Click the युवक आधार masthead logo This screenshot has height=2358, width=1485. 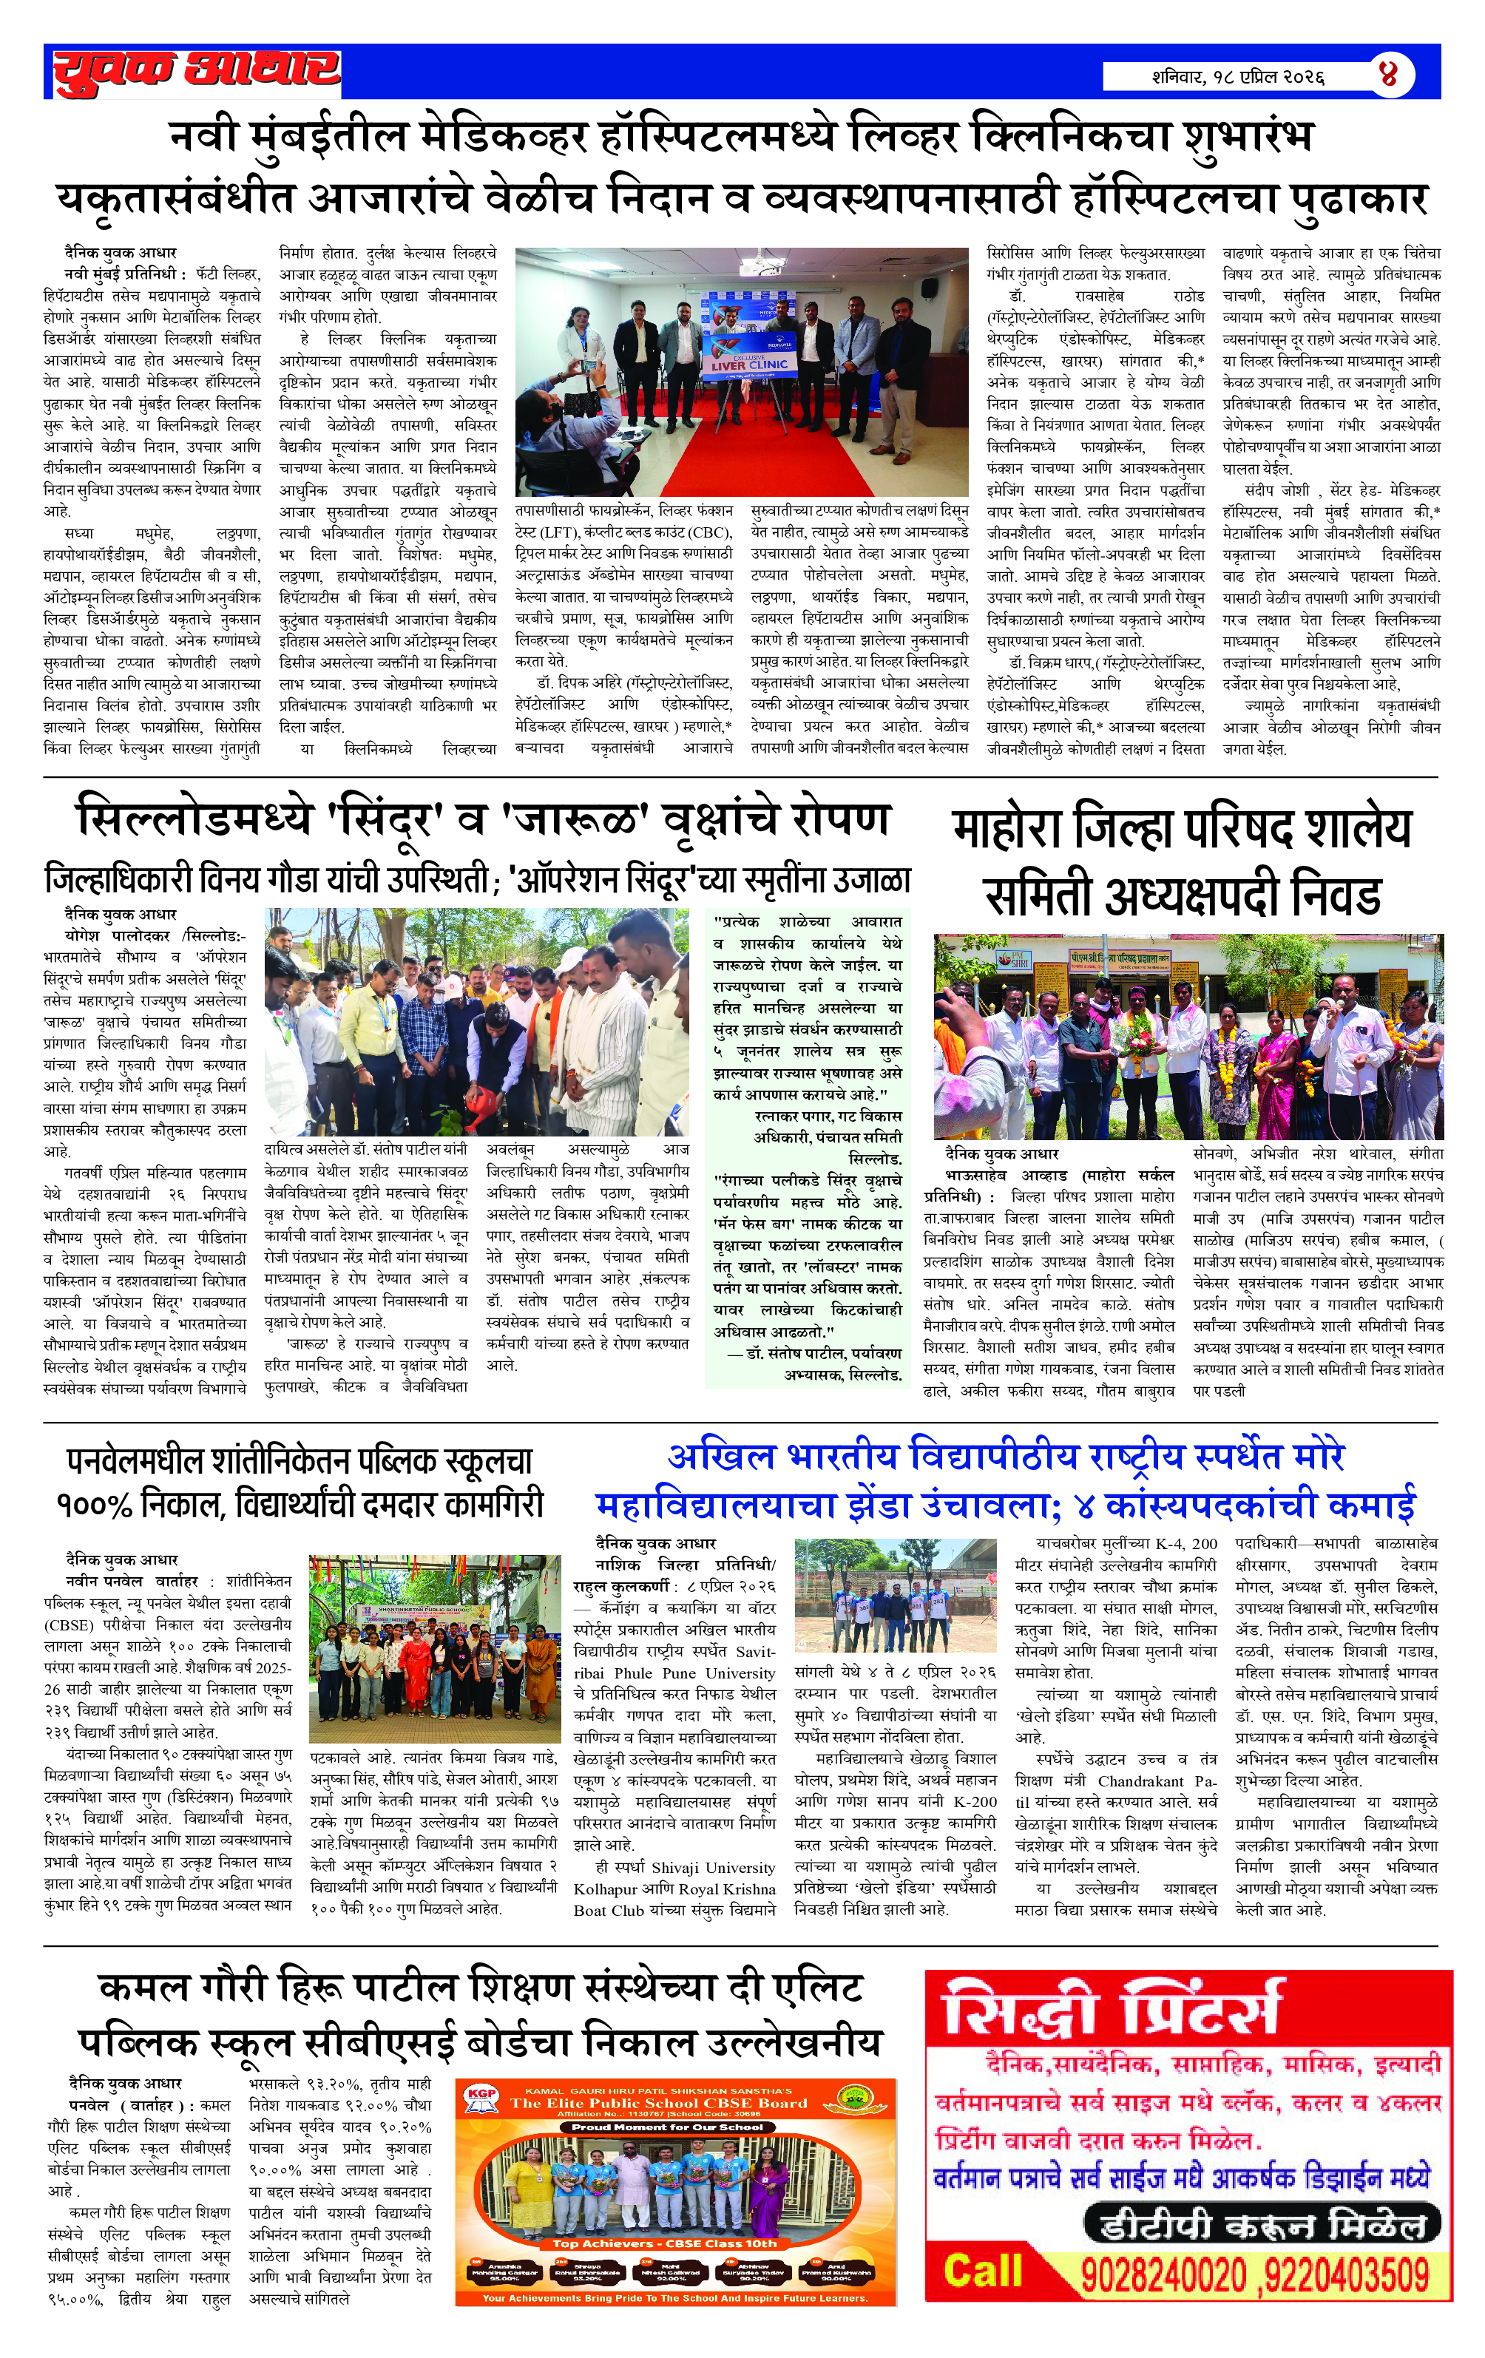(x=195, y=72)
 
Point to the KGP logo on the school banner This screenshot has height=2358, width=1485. (x=482, y=2096)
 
